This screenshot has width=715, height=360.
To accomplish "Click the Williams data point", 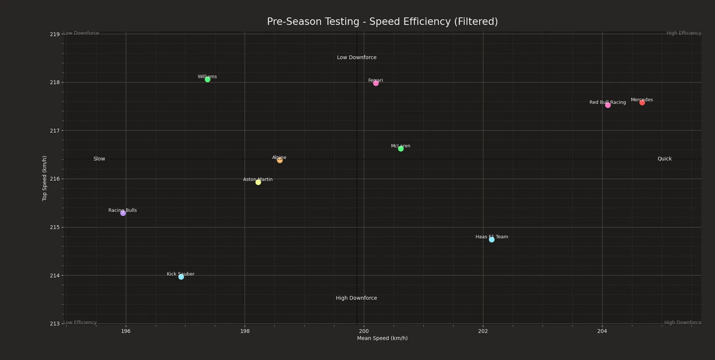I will [208, 79].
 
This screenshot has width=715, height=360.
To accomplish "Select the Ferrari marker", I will [376, 83].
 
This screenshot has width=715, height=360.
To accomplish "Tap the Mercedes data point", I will [642, 103].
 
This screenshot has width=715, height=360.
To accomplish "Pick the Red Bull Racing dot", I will [608, 105].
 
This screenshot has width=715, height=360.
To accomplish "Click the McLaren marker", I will [401, 149].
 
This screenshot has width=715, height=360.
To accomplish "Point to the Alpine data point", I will [280, 160].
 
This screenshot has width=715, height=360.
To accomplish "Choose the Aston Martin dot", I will [258, 182].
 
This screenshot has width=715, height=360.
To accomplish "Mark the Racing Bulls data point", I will [123, 213].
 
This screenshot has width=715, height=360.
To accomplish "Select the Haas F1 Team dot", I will [492, 240].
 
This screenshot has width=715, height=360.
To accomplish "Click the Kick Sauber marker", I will [181, 277].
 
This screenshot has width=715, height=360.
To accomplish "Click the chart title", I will [382, 22].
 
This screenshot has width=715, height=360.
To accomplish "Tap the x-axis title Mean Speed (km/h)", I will [382, 338].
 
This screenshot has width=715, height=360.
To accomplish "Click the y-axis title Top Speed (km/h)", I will [45, 178].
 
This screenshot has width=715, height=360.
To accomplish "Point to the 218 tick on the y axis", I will [54, 82].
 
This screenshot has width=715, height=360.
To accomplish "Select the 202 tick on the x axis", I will [483, 331].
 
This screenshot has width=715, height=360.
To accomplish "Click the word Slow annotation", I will [99, 159].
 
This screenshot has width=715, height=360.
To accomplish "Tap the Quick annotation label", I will [664, 159].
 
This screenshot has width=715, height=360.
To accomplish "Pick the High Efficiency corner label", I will [684, 33].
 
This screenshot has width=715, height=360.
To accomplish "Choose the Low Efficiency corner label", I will [80, 323].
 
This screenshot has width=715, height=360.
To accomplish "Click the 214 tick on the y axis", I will [54, 275].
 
